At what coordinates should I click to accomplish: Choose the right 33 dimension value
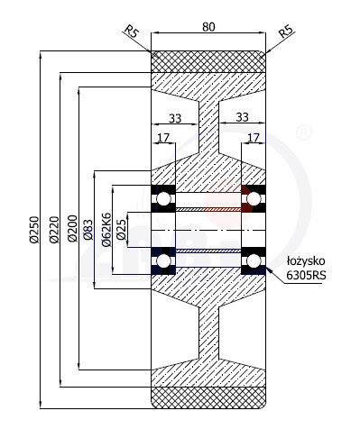click(242, 116)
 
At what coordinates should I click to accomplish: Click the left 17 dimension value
click(162, 138)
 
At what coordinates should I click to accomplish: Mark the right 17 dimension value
click(253, 138)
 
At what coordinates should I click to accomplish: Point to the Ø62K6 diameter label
click(106, 230)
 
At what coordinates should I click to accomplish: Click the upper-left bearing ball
click(164, 197)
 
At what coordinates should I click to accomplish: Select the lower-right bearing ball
click(253, 261)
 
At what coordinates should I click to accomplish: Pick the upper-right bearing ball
click(253, 197)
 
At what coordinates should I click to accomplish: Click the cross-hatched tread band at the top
click(208, 61)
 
